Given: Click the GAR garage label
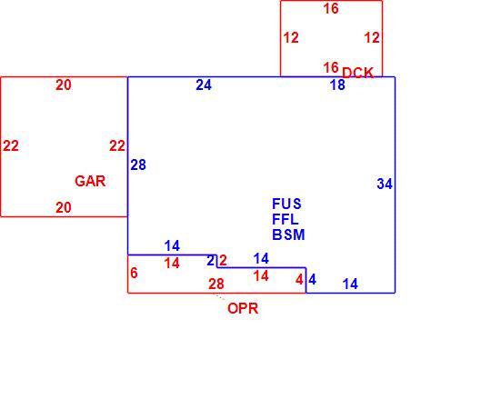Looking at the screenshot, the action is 90,181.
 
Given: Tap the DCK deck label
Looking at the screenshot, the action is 357,73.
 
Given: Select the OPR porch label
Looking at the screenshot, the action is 243,308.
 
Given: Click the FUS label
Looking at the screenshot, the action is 286,204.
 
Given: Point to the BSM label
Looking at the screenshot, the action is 288,234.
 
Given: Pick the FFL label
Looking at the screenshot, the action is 285,219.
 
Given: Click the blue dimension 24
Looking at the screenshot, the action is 204,85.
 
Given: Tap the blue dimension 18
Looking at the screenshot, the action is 337,85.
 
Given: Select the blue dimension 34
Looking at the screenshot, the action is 385,184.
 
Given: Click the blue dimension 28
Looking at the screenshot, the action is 138,165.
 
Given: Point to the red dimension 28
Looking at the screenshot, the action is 216,284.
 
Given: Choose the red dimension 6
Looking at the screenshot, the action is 134,273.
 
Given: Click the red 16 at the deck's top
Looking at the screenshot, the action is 331,9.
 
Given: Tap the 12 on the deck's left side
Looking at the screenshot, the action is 291,38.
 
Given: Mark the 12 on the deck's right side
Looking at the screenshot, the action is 372,38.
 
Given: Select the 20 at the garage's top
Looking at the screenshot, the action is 64,85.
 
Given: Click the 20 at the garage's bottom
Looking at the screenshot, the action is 64,207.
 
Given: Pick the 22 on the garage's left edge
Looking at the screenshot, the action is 11,145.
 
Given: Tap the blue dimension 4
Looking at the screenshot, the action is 312,279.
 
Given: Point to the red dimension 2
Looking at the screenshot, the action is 223,260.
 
